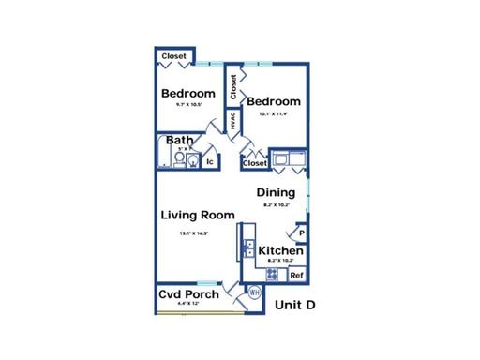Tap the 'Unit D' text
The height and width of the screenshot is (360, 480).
[294, 305]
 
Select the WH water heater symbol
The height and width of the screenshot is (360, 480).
[253, 292]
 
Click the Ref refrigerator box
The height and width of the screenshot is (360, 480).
[296, 275]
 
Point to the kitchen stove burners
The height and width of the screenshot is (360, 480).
[273, 275]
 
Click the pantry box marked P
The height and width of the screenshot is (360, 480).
[302, 231]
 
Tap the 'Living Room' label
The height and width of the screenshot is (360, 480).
[197, 215]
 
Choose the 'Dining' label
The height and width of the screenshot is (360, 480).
[277, 192]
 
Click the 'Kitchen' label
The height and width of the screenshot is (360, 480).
[280, 251]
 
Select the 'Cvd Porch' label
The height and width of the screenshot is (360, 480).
[188, 294]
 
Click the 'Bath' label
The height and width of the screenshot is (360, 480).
[179, 142]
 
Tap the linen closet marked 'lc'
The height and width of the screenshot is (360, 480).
[211, 161]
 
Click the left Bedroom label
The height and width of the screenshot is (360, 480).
[189, 93]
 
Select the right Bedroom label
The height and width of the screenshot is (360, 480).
[274, 101]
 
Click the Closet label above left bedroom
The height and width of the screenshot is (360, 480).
[173, 57]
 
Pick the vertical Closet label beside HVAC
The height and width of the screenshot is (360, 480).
[232, 87]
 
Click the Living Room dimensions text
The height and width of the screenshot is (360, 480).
[195, 232]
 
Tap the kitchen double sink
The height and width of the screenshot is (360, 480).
[247, 248]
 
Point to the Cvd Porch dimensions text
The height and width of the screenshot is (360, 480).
[187, 305]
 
